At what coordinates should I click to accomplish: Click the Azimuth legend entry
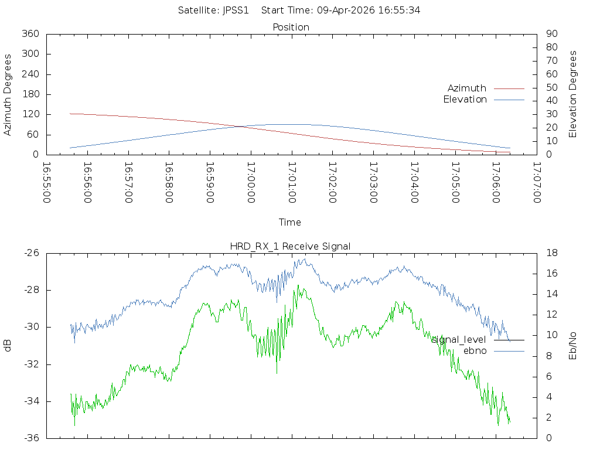click(x=467, y=88)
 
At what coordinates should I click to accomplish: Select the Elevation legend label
click(x=465, y=100)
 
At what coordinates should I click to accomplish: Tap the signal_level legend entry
click(x=459, y=340)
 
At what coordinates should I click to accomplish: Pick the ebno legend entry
click(x=475, y=351)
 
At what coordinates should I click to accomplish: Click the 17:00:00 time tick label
click(x=251, y=182)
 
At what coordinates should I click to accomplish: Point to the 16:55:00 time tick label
click(x=47, y=182)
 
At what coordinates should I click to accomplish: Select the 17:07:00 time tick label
click(x=536, y=182)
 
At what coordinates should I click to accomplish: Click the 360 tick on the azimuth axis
click(x=30, y=34)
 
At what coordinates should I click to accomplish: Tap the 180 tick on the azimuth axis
click(x=30, y=94)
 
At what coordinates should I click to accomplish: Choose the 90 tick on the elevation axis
click(x=551, y=34)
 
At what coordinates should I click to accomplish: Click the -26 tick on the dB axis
click(x=31, y=253)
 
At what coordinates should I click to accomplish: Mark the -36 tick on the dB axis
click(x=31, y=438)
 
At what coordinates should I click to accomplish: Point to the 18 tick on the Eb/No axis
click(x=551, y=253)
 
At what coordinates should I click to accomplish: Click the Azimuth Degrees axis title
click(x=8, y=94)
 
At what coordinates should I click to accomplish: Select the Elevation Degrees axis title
click(x=573, y=94)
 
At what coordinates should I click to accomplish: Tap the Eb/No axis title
click(x=573, y=346)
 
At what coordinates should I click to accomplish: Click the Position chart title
click(x=291, y=27)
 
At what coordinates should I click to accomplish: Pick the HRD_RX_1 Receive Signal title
click(x=291, y=246)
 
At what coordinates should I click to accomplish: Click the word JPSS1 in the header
click(x=236, y=11)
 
